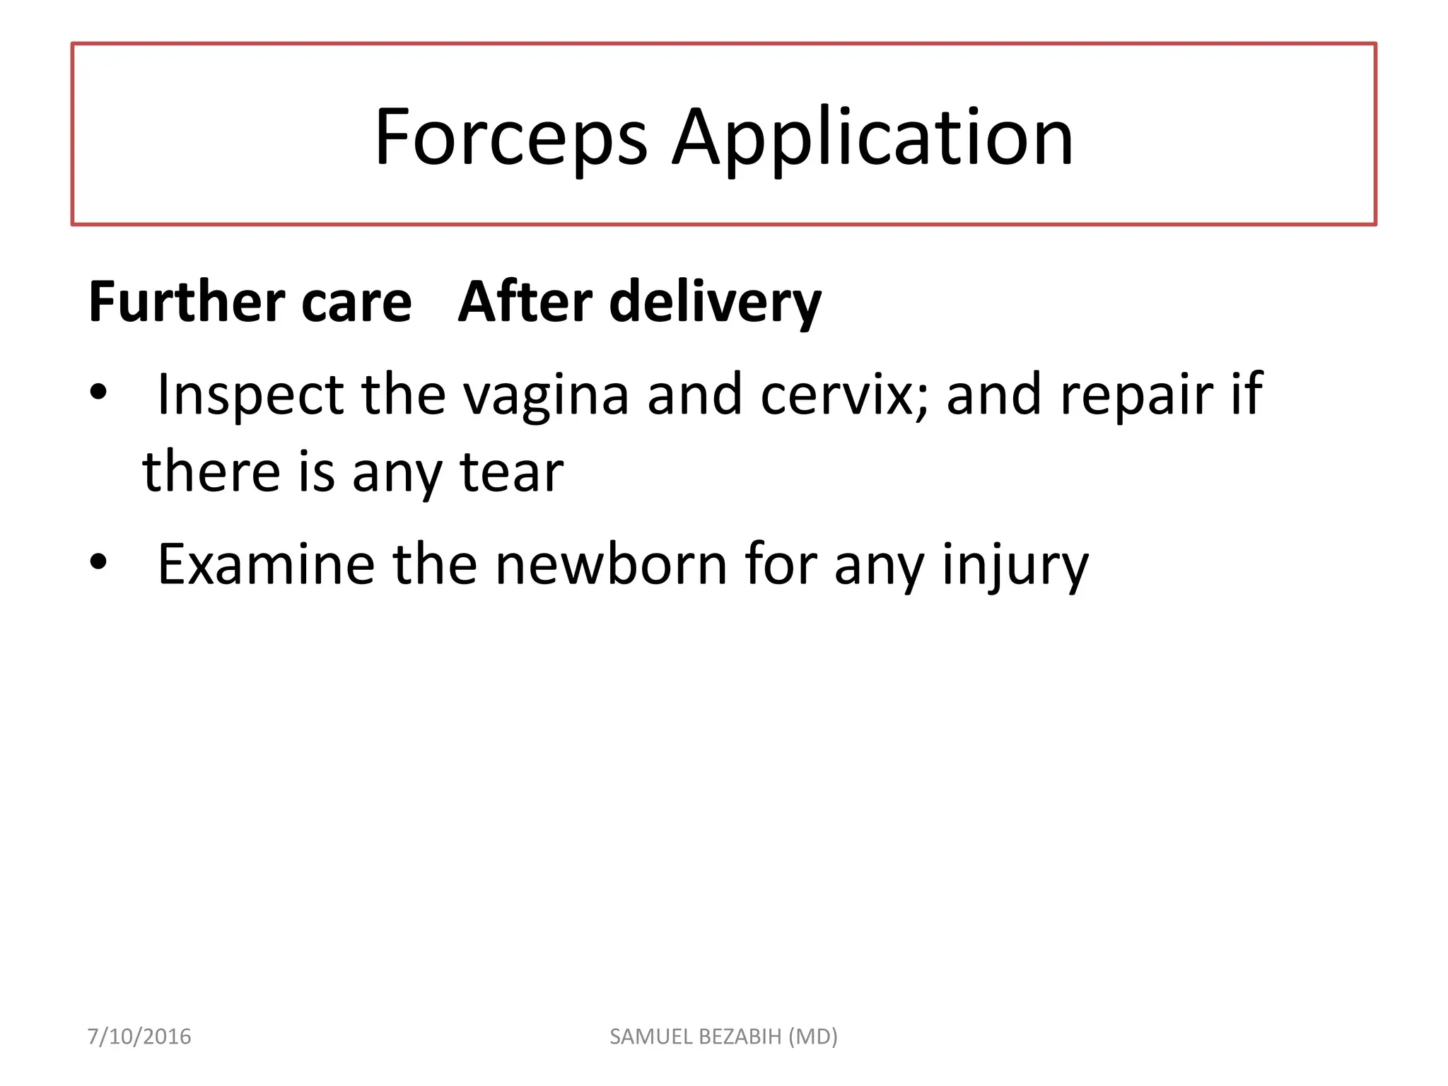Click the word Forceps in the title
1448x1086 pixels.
pyautogui.click(x=510, y=137)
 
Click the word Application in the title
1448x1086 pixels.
pyautogui.click(x=872, y=137)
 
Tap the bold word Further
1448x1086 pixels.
pyautogui.click(x=186, y=302)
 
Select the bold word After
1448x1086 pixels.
pyautogui.click(x=525, y=302)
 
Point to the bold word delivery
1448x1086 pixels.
pyautogui.click(x=715, y=302)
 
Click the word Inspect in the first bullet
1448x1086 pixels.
pyautogui.click(x=250, y=395)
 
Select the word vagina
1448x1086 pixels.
pyautogui.click(x=546, y=395)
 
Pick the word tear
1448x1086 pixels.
pyautogui.click(x=512, y=472)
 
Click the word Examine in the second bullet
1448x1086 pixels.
pyautogui.click(x=266, y=564)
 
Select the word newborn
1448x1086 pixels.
pyautogui.click(x=611, y=564)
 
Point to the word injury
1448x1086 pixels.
pyautogui.click(x=1015, y=564)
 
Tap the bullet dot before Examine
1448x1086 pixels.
pyautogui.click(x=98, y=561)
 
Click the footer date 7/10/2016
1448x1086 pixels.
pyautogui.click(x=139, y=1037)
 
